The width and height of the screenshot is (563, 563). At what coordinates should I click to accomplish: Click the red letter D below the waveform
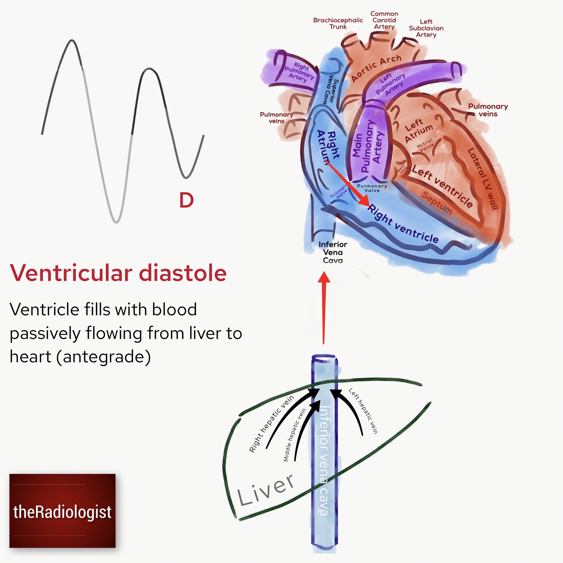[x=186, y=200]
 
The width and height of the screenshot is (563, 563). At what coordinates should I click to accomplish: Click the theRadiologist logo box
[x=62, y=511]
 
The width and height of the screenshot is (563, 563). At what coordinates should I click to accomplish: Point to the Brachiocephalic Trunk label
[x=338, y=23]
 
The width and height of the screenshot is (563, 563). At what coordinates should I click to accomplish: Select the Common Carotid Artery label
[x=384, y=20]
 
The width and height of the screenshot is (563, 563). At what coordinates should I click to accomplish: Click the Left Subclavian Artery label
[x=426, y=28]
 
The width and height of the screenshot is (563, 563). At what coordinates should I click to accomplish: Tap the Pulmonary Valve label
[x=372, y=188]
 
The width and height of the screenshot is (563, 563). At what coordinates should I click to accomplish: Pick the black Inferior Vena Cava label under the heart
[x=333, y=252]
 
